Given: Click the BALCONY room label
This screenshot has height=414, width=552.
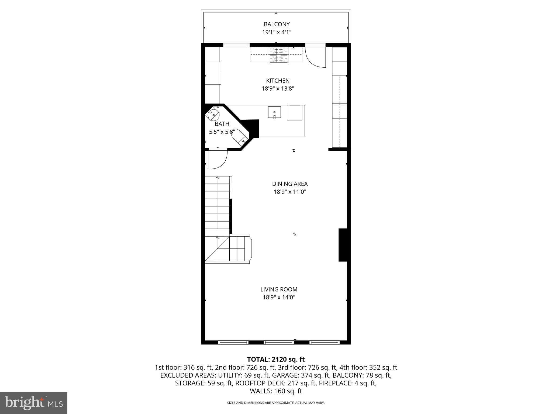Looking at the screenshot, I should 277,24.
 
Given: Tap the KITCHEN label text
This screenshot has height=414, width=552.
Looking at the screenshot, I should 278,81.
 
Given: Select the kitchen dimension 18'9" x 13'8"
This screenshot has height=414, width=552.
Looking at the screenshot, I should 278,88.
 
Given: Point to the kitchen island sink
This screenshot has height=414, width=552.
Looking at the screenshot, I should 274,112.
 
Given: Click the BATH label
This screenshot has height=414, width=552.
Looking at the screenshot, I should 222,124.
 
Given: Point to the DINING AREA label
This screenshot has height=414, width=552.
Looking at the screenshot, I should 290,184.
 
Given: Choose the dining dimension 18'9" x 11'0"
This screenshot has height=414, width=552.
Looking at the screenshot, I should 290,192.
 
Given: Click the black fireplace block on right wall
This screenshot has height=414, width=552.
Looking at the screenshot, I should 343,245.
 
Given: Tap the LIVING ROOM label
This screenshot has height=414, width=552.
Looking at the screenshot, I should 279,289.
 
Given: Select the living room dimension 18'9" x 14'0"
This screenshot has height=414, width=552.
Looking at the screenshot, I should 279,297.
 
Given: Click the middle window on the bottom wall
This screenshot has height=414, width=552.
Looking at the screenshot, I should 278,342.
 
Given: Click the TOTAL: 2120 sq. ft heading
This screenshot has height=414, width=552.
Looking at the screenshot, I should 276,359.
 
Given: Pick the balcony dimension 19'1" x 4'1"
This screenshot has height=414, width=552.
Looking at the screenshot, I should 277,32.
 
